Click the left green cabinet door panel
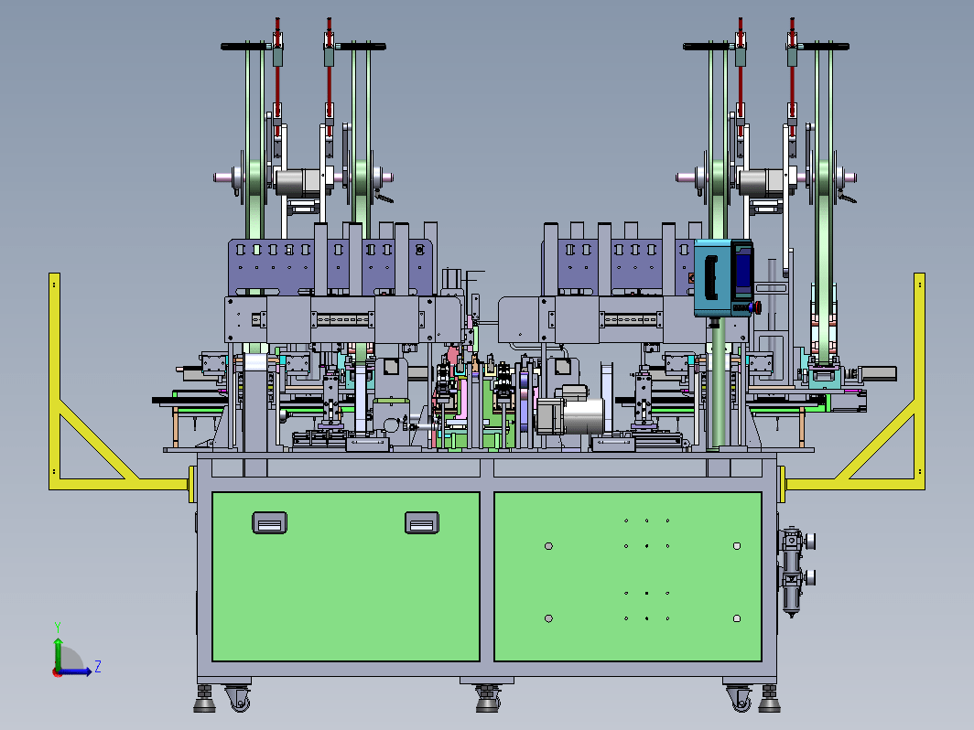pos(345,576)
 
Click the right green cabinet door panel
pos(628,576)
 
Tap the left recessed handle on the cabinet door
pos(269,522)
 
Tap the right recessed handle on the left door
pos(422,522)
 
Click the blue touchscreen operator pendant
pos(723,278)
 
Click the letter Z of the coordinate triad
pos(98,667)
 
